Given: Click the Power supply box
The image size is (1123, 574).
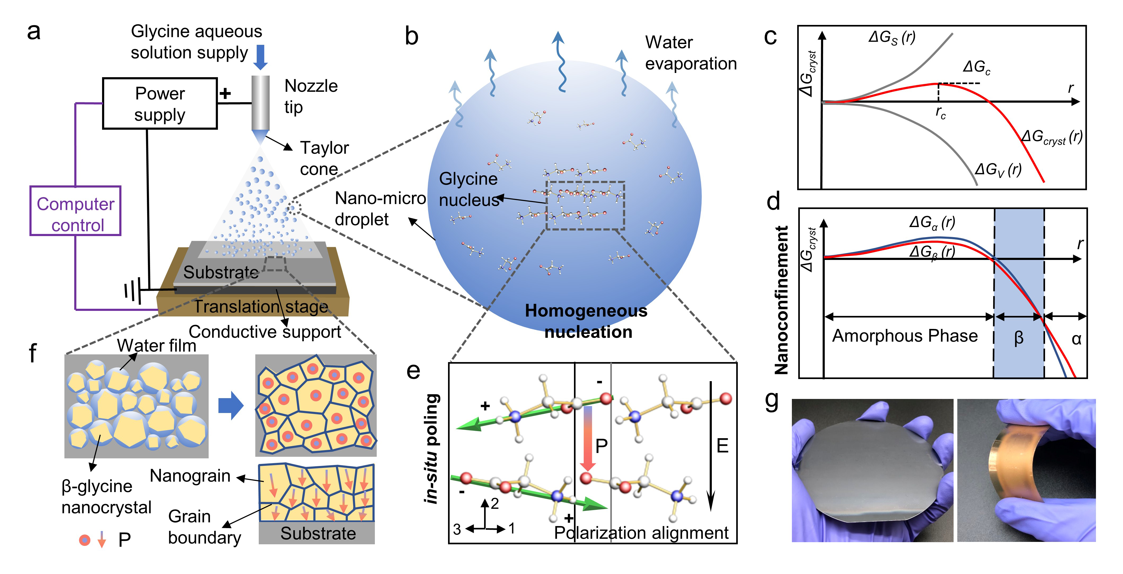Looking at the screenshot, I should coord(160,103).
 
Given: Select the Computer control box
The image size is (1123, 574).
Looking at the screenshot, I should coord(75,211).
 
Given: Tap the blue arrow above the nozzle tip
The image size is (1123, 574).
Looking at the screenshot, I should coord(260,57).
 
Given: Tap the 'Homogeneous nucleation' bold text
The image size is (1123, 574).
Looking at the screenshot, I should coord(586,321).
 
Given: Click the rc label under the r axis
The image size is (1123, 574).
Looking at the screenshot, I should coord(940,114).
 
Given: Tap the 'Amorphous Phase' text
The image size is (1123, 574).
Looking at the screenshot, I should coord(905,336).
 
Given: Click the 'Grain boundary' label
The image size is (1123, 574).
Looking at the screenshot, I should coord(204,527).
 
